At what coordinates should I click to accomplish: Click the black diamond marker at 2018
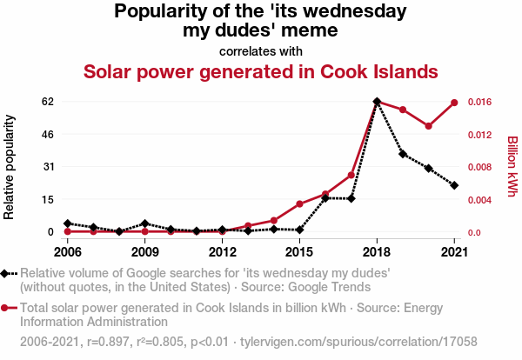coord(377,102)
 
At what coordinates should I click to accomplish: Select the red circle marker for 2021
coord(454,103)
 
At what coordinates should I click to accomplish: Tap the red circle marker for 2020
coord(429,126)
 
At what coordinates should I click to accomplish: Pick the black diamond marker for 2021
coord(454,185)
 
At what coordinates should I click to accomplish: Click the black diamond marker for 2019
coord(403,154)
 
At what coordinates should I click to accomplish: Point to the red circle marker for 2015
coord(299,204)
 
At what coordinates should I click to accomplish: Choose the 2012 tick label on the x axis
coord(223,252)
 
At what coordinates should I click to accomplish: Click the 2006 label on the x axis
coord(67,252)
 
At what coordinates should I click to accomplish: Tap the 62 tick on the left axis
coord(48,102)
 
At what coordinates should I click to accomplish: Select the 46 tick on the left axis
coord(48,134)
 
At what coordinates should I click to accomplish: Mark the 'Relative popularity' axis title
coord(11,166)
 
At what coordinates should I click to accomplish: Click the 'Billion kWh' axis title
coord(512,166)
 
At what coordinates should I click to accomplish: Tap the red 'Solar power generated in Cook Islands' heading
coord(260,70)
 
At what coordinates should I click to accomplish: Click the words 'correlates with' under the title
coord(260,50)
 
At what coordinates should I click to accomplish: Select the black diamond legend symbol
coord(5,274)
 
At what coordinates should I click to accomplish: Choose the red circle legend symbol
coord(5,308)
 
